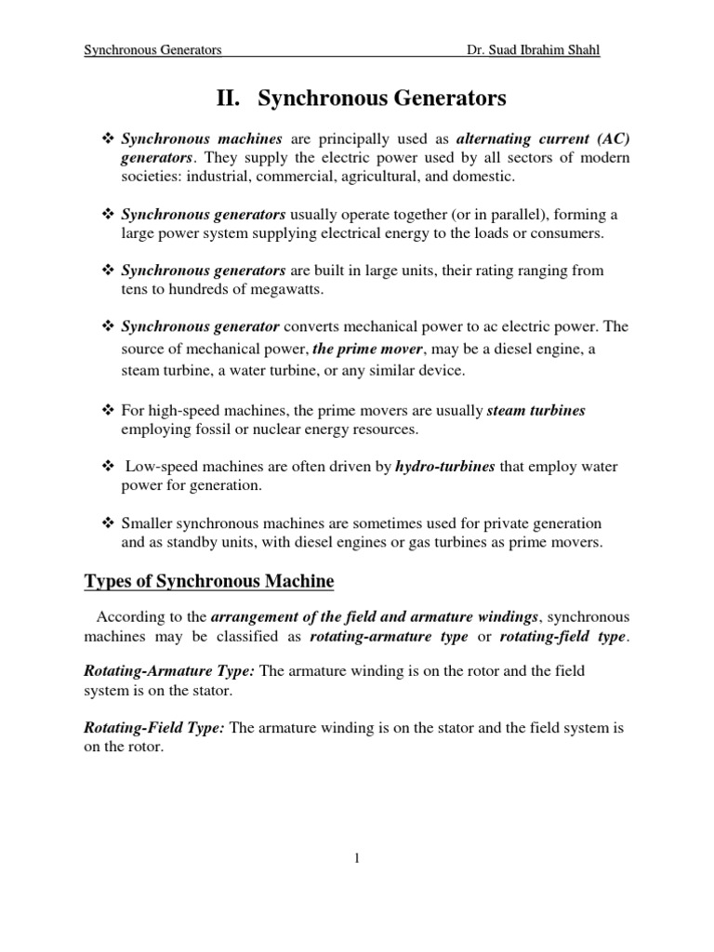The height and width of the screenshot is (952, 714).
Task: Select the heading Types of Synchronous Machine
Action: (208, 582)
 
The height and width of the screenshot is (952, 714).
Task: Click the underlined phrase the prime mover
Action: (367, 349)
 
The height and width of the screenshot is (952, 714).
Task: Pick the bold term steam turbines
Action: (536, 411)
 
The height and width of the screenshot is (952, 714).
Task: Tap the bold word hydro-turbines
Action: (445, 467)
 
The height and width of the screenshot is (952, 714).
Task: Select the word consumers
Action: (565, 233)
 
